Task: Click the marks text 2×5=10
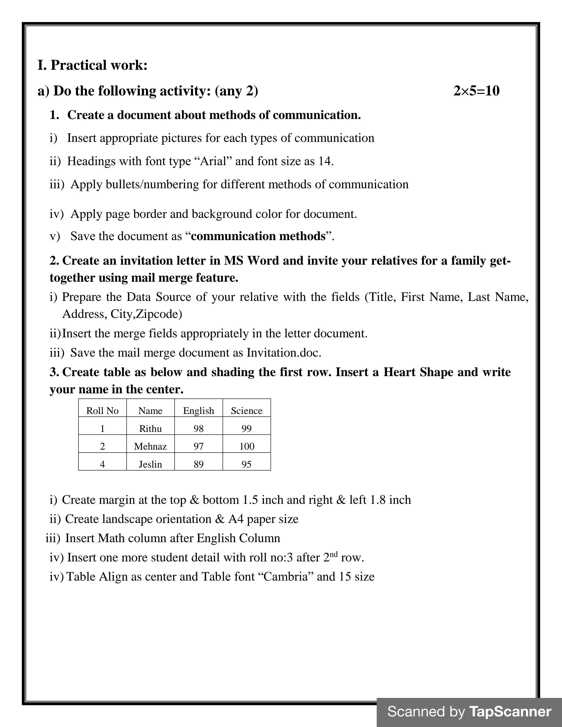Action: (x=476, y=91)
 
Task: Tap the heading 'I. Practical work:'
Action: (x=92, y=65)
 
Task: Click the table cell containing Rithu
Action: (x=150, y=428)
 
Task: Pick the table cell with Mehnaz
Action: (x=150, y=446)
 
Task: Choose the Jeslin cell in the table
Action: (x=150, y=464)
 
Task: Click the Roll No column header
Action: (x=102, y=411)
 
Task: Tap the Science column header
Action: (x=246, y=411)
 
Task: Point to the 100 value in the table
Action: (x=246, y=446)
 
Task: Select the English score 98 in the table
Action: (x=198, y=428)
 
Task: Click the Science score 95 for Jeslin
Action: (x=246, y=464)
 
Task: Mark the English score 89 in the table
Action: (x=198, y=464)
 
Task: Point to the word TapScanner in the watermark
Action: (x=510, y=712)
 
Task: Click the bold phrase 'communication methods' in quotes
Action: (x=258, y=236)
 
